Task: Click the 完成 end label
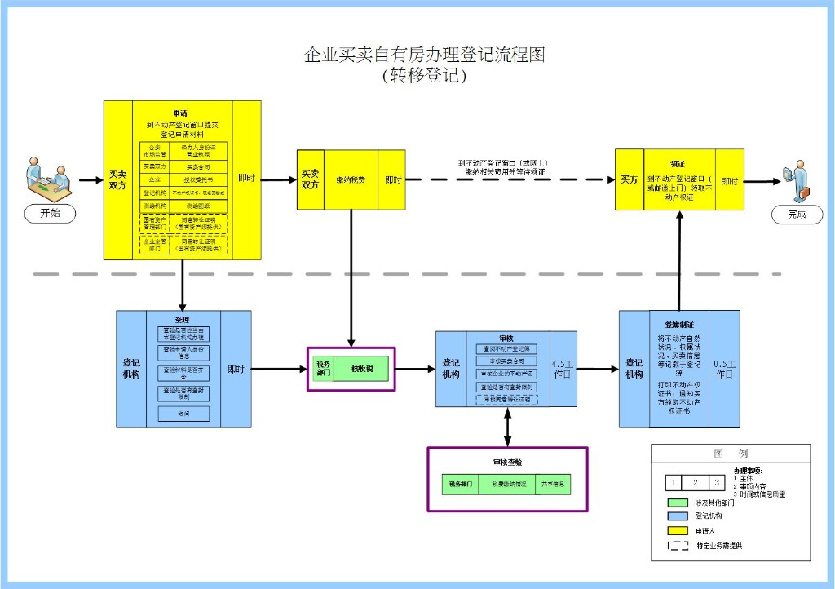pyautogui.click(x=796, y=214)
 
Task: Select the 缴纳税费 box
pyautogui.click(x=351, y=179)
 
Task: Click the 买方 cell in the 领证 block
pyautogui.click(x=629, y=179)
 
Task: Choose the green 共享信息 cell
pyautogui.click(x=554, y=484)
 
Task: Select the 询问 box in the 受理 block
pyautogui.click(x=183, y=414)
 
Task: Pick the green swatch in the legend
pyautogui.click(x=675, y=502)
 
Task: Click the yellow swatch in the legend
pyautogui.click(x=675, y=530)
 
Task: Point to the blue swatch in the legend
pyautogui.click(x=675, y=516)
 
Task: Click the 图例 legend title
pyautogui.click(x=730, y=454)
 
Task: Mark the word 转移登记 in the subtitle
pyautogui.click(x=423, y=76)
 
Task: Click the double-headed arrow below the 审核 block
pyautogui.click(x=508, y=426)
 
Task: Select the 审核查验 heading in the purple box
pyautogui.click(x=507, y=462)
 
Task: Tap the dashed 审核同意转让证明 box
pyautogui.click(x=507, y=400)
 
